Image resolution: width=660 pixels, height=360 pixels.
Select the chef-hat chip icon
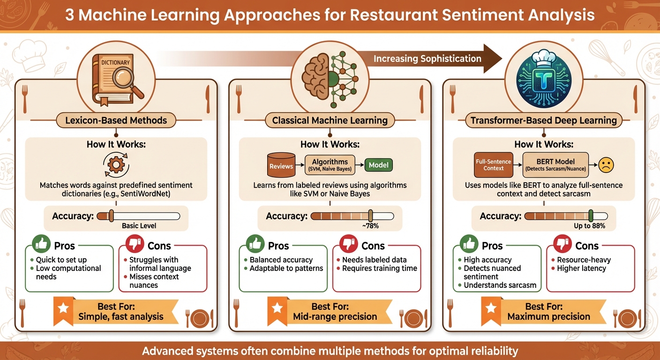tap(543, 78)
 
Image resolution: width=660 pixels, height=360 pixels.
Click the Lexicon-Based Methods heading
tap(116, 120)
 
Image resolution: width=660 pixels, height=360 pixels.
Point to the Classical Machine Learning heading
tap(330, 120)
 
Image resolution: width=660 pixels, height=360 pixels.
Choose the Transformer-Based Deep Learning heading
tap(544, 120)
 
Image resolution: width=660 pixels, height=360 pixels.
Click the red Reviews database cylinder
tap(281, 165)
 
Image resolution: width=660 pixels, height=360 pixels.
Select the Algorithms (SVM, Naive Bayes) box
tap(330, 165)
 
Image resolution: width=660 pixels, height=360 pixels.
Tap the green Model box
tap(379, 165)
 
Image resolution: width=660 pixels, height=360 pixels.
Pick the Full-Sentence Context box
tap(494, 165)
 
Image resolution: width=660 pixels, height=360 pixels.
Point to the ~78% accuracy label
tap(370, 226)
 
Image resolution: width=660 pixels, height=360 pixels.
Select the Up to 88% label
tap(589, 226)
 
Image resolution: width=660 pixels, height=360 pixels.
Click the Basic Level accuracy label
tap(139, 226)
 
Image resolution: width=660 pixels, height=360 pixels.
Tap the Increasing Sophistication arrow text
tap(427, 59)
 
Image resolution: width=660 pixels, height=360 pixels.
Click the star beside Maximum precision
tap(491, 309)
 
